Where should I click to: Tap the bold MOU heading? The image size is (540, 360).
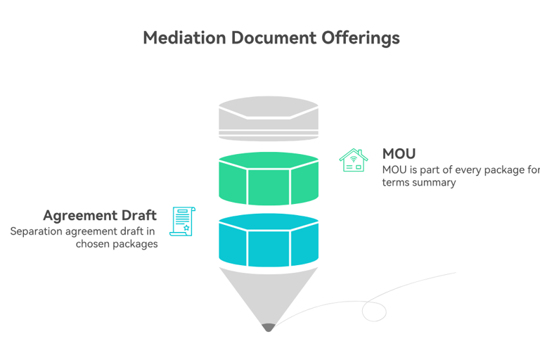[399, 153]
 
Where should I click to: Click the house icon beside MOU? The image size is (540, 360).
[353, 160]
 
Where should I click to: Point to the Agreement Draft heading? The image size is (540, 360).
[100, 215]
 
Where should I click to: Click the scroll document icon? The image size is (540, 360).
[183, 221]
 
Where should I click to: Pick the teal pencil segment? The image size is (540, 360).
[268, 241]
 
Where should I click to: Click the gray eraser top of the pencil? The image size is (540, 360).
[268, 118]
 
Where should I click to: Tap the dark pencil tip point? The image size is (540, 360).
[268, 327]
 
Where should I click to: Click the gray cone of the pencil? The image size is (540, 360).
[268, 295]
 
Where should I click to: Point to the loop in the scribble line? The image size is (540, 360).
[374, 311]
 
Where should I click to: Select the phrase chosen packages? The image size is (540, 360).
[117, 244]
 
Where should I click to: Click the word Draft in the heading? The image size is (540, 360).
[139, 215]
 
